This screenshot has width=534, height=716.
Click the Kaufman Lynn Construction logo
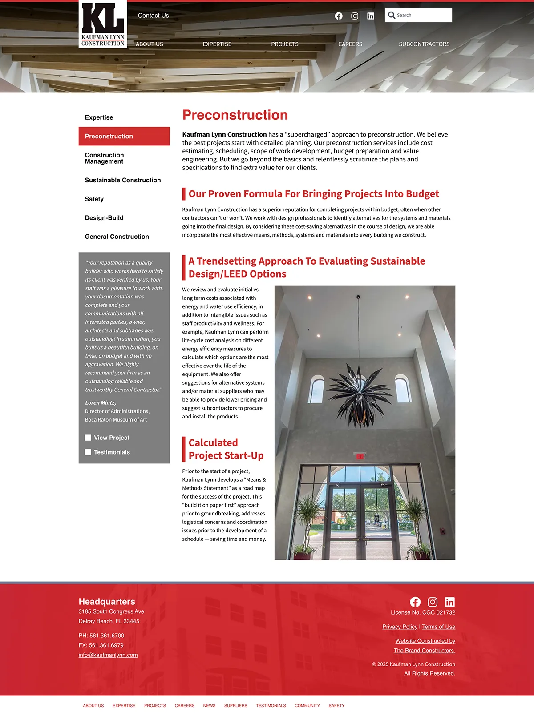(x=103, y=24)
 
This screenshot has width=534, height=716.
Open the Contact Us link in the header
(x=153, y=16)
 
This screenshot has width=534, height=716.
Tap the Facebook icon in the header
(x=339, y=16)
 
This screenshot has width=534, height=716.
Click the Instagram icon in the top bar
(x=355, y=16)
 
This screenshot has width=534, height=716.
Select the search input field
(x=423, y=15)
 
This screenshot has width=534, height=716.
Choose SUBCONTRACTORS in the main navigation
(x=424, y=44)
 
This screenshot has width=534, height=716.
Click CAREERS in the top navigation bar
(x=350, y=44)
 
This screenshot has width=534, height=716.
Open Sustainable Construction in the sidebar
(x=123, y=180)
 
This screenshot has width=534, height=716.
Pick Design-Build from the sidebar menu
(x=104, y=218)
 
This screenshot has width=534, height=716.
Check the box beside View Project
(x=88, y=438)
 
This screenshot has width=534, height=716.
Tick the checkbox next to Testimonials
(x=88, y=452)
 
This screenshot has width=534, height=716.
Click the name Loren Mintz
(x=101, y=403)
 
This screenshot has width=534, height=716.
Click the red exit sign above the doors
(x=360, y=456)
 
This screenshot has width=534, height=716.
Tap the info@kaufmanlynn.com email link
(x=108, y=655)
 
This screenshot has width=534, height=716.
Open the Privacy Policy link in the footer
(x=400, y=627)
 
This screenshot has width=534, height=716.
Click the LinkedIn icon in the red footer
(x=449, y=602)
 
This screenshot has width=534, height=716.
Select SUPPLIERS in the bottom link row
(x=235, y=706)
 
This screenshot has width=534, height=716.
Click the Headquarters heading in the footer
(x=107, y=602)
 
